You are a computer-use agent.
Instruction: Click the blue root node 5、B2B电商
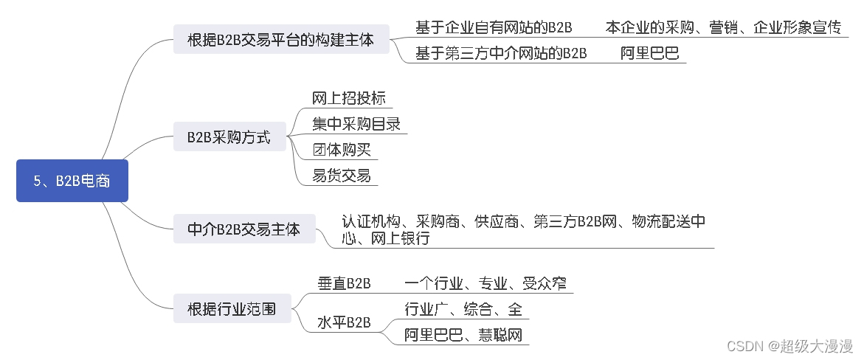pos(72,181)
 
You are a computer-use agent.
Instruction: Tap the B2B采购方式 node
pos(229,137)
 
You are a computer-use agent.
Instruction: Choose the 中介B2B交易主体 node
pos(243,229)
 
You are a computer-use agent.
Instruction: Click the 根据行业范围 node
pos(232,308)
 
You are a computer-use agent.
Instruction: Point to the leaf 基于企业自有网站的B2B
pos(494,28)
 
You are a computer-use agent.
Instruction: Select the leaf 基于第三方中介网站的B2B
pos(501,53)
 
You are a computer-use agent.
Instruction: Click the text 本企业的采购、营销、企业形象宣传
pos(723,28)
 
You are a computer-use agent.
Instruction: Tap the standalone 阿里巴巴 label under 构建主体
pos(649,53)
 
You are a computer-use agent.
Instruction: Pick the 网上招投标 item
pos(348,99)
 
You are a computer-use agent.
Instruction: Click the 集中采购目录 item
pos(356,124)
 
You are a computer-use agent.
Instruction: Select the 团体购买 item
pos(341,150)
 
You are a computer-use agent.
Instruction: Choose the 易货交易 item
pos(341,176)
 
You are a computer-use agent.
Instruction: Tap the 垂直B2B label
pos(344,283)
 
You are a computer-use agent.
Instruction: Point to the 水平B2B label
pos(344,322)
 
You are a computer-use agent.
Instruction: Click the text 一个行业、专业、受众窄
pos(485,283)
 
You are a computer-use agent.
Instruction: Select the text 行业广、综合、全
pos(463,309)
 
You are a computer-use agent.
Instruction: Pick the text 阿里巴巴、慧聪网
pos(463,335)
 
